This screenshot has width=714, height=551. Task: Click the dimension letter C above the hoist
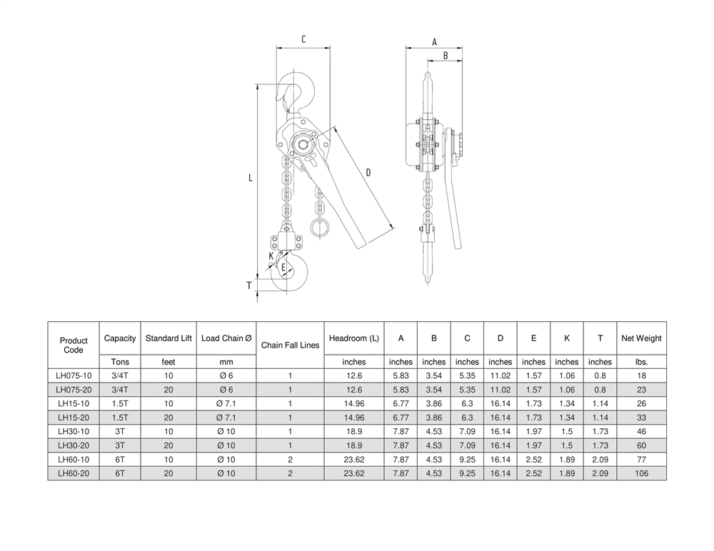(x=303, y=40)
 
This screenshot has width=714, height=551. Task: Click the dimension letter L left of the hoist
(x=251, y=178)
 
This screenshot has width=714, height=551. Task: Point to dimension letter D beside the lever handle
(x=368, y=172)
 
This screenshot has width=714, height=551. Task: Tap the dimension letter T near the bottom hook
(x=249, y=285)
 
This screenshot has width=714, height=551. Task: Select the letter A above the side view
(x=434, y=42)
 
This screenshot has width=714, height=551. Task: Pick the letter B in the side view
(x=445, y=55)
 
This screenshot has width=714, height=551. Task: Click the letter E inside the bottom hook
(x=283, y=268)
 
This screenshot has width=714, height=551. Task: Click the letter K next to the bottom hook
(x=271, y=256)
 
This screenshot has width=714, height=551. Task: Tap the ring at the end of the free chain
(x=319, y=228)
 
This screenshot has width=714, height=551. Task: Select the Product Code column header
(x=74, y=345)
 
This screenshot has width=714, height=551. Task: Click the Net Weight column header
(x=641, y=338)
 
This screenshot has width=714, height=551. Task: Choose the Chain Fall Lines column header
(x=290, y=345)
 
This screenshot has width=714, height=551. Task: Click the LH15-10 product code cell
(x=74, y=403)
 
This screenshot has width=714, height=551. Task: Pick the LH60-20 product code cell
(x=74, y=473)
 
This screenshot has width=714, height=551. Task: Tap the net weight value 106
(x=641, y=473)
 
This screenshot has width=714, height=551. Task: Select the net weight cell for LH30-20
(x=641, y=445)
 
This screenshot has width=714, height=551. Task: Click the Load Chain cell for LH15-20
(x=226, y=418)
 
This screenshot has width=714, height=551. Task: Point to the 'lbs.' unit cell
(x=641, y=362)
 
